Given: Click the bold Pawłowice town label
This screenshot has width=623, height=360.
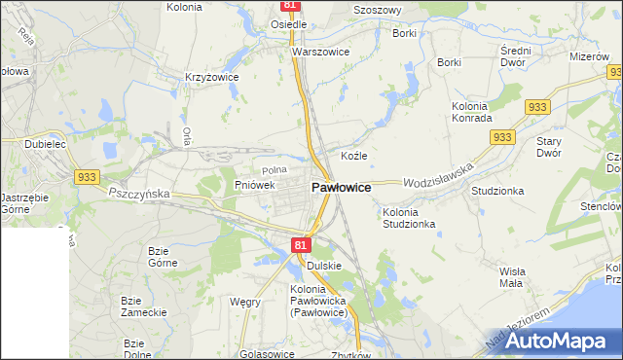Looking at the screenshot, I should coord(340,187).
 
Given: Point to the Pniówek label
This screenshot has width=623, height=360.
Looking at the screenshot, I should coord(255,184).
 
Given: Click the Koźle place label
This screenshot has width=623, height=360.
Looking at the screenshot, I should coord(353,156).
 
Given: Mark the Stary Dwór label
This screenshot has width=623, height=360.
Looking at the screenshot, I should coord(550,147).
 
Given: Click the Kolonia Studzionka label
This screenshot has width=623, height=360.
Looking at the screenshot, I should coord(409,218).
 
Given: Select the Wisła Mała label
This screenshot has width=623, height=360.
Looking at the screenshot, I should coord(511,277).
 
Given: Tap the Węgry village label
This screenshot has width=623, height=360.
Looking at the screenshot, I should coord(244,302).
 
